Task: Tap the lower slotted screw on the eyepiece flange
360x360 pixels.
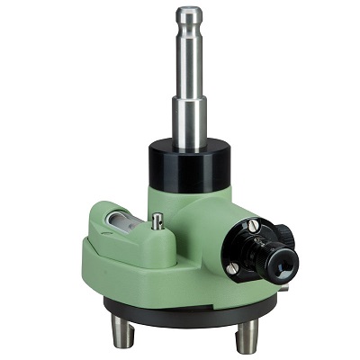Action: [x=233, y=267]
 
